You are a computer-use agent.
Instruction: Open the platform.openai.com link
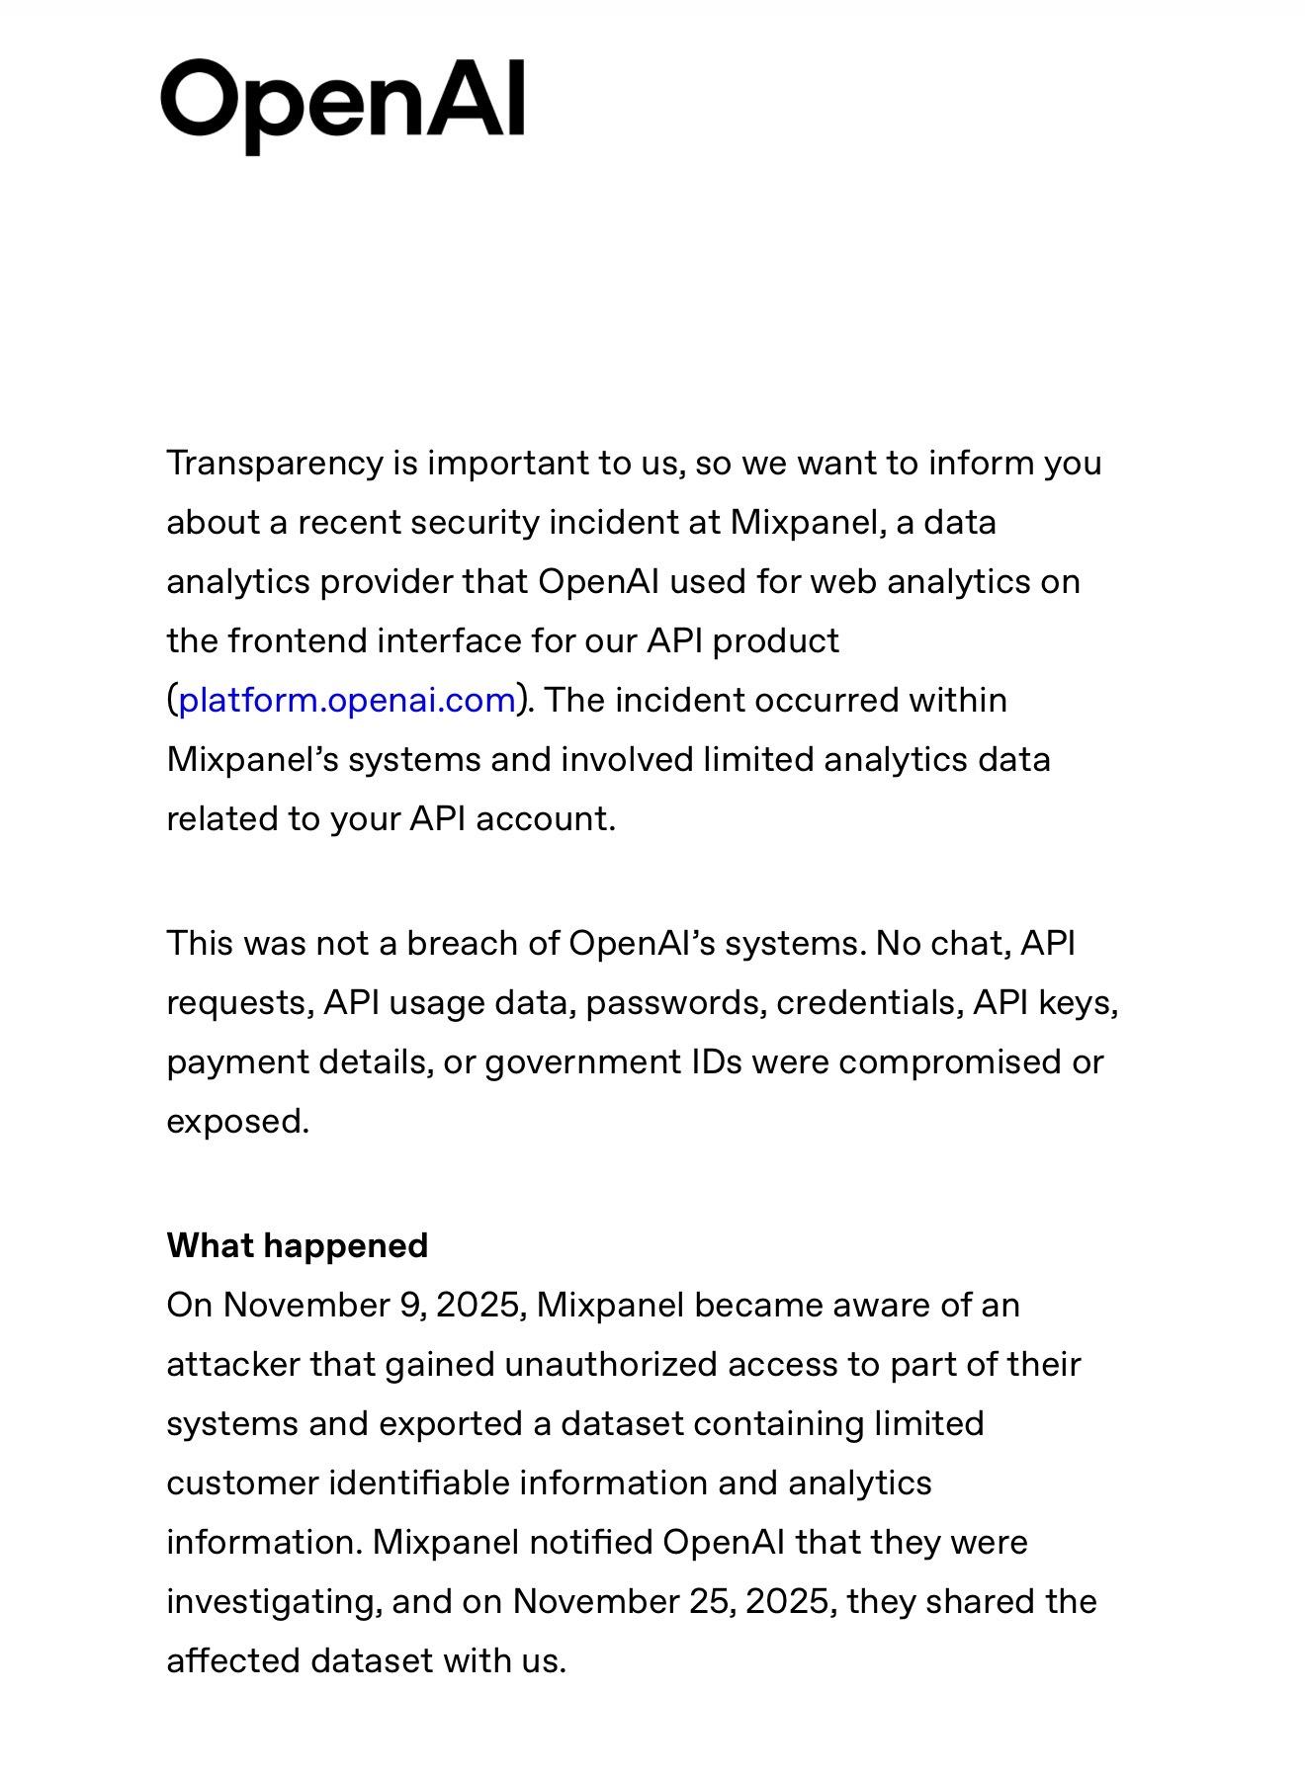pos(347,701)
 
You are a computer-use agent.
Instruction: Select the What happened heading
pos(297,1245)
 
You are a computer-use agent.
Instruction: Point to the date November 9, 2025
pos(372,1306)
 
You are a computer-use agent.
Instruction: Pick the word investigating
pos(274,1602)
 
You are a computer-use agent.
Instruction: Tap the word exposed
pos(237,1122)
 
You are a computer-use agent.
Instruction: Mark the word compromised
pos(943,1062)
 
